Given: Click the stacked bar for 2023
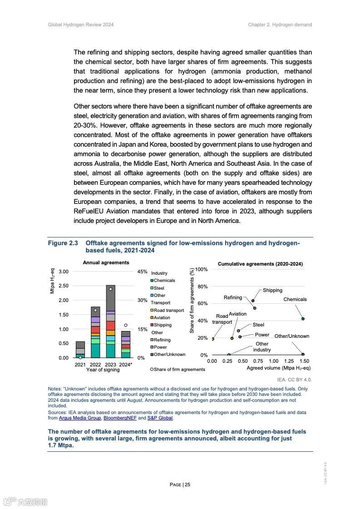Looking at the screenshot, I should [x=110, y=322].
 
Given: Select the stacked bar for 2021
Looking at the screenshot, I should [x=80, y=350].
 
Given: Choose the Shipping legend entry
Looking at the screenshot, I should [x=163, y=325].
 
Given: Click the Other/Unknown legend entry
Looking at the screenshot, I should [x=169, y=355].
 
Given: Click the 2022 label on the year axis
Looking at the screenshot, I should [x=95, y=365].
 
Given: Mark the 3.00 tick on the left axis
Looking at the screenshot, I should [x=64, y=272].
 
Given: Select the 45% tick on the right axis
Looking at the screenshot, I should [x=142, y=272].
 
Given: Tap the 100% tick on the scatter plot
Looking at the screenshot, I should [x=202, y=270].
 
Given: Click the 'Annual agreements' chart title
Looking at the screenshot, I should [x=106, y=262].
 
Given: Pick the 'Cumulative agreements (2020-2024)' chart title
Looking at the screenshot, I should [x=260, y=264].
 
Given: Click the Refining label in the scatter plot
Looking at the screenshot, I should [x=233, y=298].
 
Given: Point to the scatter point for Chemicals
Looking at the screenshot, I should [x=303, y=319].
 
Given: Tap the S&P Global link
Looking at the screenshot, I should [x=160, y=418].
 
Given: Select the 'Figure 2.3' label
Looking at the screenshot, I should [x=63, y=243].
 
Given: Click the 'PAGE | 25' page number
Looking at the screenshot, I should [x=180, y=484].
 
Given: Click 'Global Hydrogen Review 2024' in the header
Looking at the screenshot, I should [x=81, y=25].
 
